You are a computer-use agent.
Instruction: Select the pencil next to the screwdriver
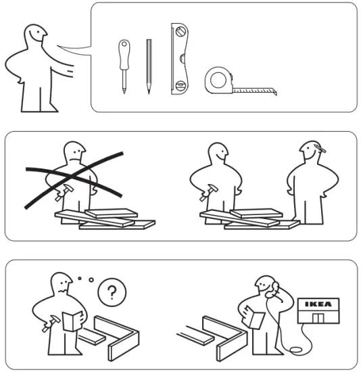click(x=148, y=66)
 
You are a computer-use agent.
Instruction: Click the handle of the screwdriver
click(x=124, y=51)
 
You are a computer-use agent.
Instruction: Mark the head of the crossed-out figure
click(x=74, y=152)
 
